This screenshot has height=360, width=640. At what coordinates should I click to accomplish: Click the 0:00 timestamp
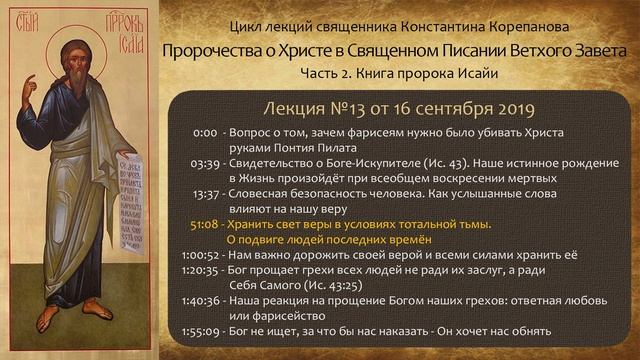(206, 132)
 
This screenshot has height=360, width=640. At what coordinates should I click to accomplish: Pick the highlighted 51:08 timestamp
(203, 224)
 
